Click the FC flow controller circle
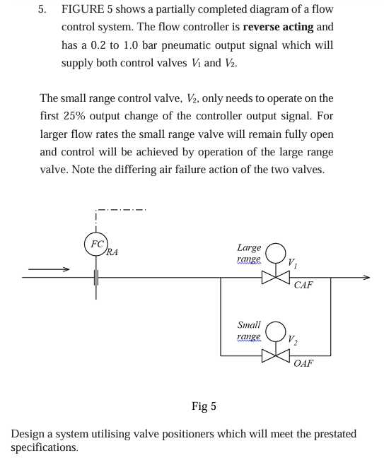95,245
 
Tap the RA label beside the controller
112,252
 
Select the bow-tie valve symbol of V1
275,278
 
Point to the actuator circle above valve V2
275,332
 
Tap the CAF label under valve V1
303,286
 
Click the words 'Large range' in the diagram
249,254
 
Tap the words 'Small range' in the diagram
249,331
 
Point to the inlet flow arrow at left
50,269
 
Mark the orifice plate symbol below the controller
95,278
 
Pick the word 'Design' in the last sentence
28,433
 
